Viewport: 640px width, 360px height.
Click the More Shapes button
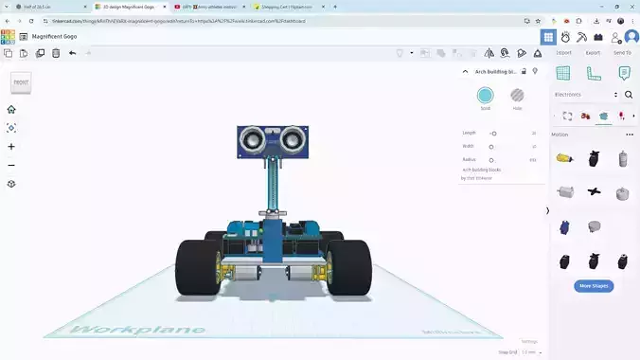593,285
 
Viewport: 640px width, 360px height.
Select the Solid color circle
485,96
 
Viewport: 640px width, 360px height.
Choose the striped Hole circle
517,96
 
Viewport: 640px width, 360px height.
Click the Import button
563,53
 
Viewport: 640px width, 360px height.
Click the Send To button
622,53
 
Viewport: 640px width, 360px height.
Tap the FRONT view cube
21,83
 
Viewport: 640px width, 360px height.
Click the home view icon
11,109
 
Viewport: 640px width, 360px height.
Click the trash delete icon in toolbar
56,53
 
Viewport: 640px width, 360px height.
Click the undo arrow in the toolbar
73,53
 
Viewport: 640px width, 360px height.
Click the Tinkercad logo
9,37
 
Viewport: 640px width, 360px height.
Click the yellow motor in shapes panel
564,158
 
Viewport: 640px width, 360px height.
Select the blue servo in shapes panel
564,227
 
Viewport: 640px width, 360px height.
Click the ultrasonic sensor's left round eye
252,141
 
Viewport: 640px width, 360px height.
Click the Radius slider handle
491,160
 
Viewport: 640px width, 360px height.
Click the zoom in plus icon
11,147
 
